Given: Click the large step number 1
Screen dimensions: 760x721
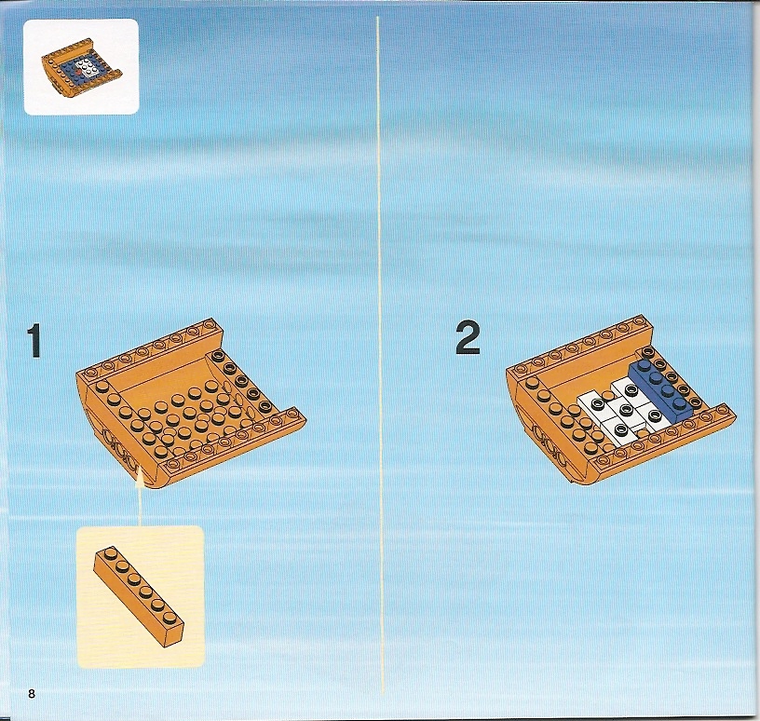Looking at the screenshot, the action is [34, 341].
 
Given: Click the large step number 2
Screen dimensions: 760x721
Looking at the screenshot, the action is [468, 338].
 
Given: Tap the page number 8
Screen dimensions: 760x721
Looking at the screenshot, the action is [32, 694].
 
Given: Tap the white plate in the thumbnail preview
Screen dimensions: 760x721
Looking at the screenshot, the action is [88, 67].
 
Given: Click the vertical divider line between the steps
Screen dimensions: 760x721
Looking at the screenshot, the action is [381, 354].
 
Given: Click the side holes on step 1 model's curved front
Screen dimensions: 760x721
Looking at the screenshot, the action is [118, 448].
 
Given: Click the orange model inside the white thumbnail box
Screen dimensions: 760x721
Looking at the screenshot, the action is [81, 68].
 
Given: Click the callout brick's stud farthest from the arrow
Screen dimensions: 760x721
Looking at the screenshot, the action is [170, 618].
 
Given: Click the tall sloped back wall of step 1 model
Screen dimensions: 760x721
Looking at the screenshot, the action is [160, 373].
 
